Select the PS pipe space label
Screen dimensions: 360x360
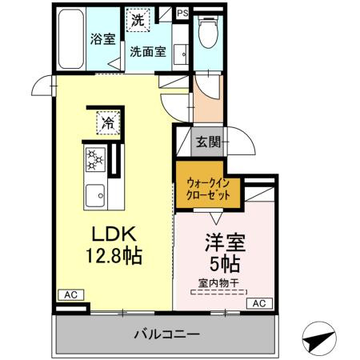click(x=183, y=14)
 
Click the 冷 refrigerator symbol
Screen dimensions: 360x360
click(x=108, y=122)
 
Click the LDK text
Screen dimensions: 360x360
click(x=114, y=234)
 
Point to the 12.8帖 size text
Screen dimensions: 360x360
click(x=114, y=257)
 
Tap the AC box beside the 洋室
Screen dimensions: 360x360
click(x=259, y=304)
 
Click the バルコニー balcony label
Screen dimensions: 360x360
click(x=166, y=333)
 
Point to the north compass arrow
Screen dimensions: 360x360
click(x=318, y=339)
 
